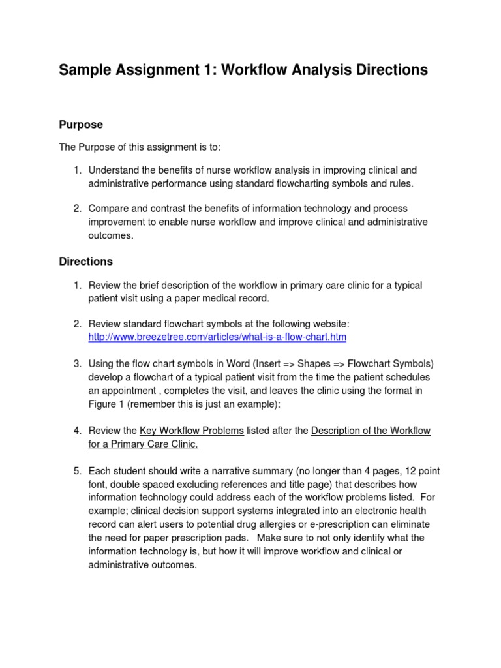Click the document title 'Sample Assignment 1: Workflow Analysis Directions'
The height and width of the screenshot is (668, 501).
tap(243, 70)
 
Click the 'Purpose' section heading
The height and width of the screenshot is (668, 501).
tap(81, 124)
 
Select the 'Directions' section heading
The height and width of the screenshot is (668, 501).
tap(85, 261)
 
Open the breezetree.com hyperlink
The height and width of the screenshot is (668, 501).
tap(217, 337)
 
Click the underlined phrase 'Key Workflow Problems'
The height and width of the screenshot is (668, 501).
tap(192, 431)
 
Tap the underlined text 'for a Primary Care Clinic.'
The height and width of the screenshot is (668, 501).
tap(143, 444)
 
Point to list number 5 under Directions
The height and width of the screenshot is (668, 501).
tap(76, 471)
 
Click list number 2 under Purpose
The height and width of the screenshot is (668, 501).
tap(76, 209)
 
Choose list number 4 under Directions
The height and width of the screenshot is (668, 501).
tap(76, 431)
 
